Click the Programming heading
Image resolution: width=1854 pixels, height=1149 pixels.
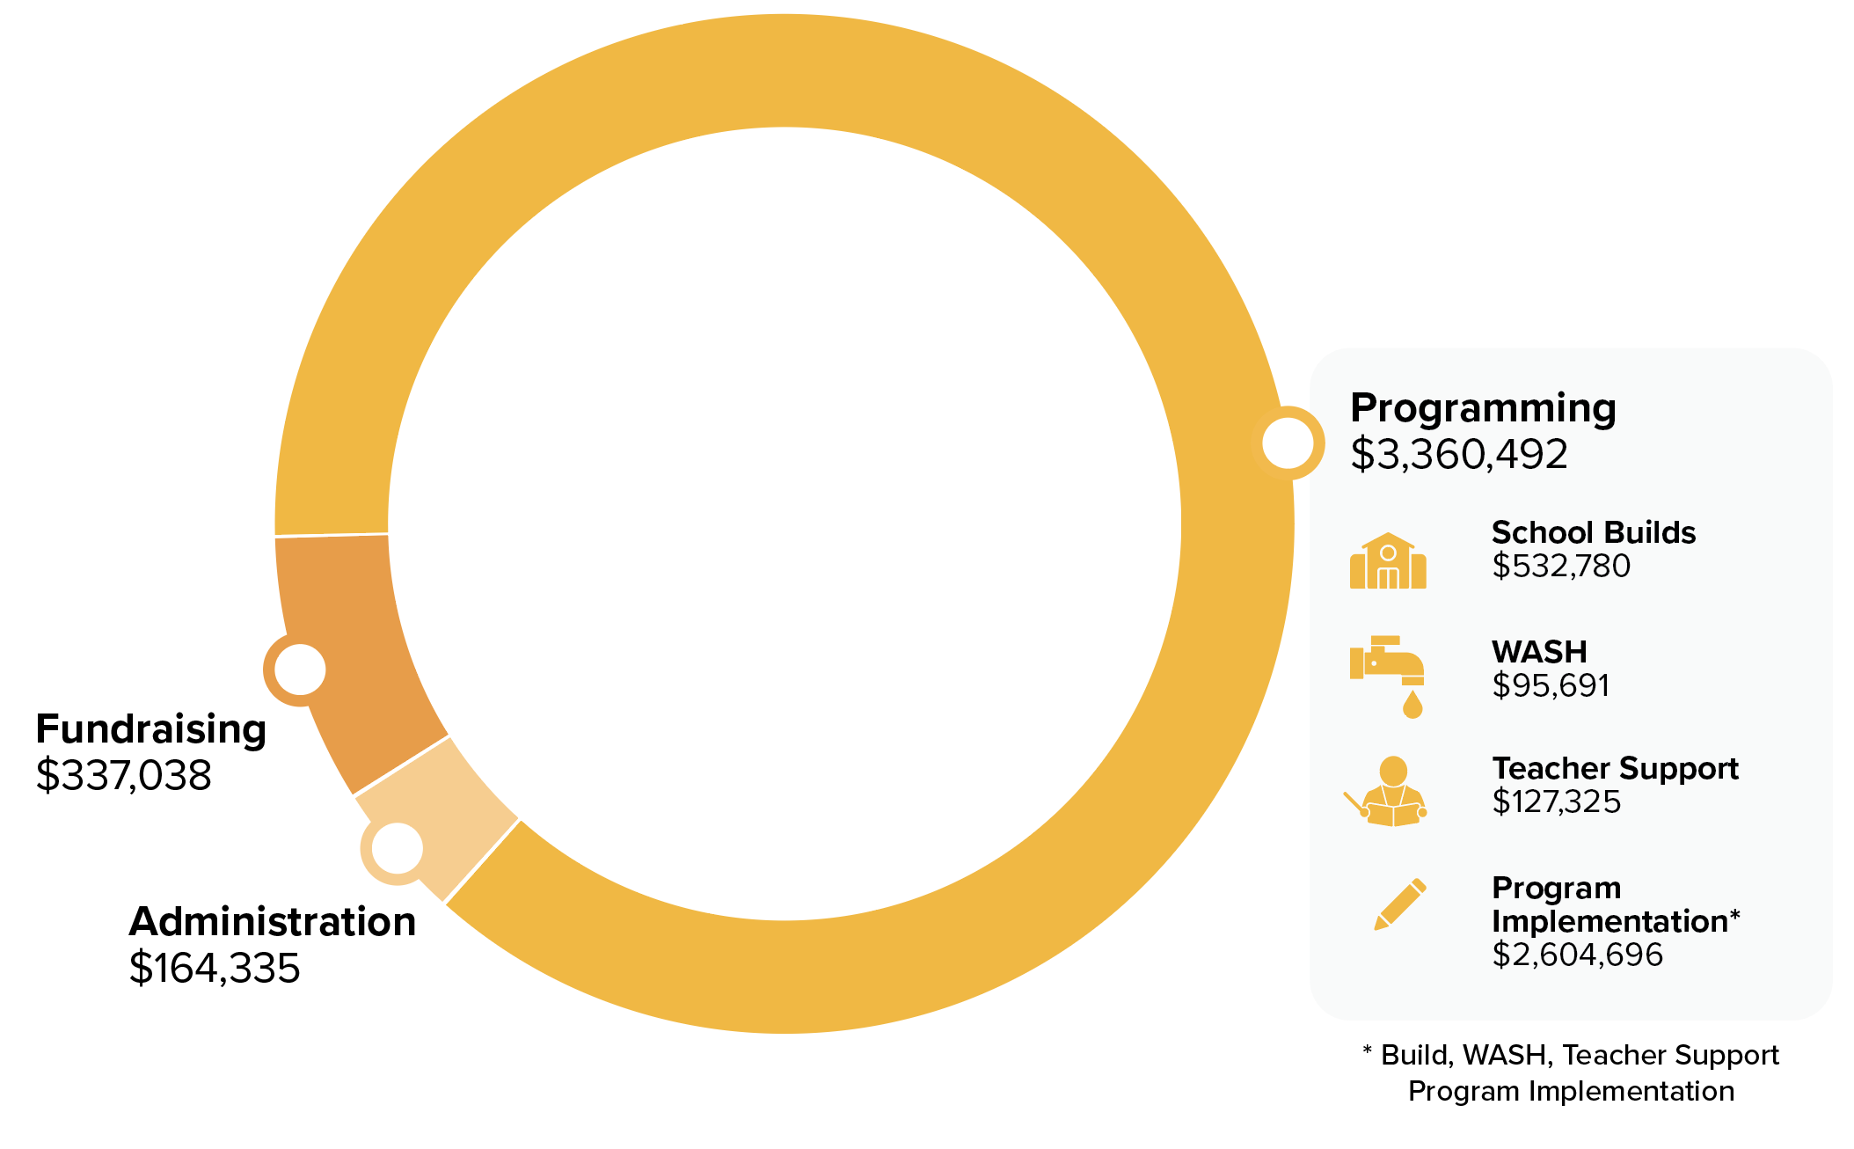pyautogui.click(x=1483, y=410)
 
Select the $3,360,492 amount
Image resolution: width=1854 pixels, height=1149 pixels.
pyautogui.click(x=1459, y=455)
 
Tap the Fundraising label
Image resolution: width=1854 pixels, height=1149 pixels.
pyautogui.click(x=150, y=730)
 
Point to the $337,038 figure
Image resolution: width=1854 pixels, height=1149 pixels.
pyautogui.click(x=123, y=776)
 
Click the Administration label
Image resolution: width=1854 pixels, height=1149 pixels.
pyautogui.click(x=273, y=922)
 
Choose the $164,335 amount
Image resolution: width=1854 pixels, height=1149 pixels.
pyautogui.click(x=215, y=969)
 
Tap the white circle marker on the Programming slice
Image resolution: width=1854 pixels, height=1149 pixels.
pyautogui.click(x=1288, y=443)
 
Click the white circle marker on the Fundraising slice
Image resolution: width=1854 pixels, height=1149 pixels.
pyautogui.click(x=300, y=670)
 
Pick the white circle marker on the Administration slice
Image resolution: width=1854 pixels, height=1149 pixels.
pyautogui.click(x=398, y=848)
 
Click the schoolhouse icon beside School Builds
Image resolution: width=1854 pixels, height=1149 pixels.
pyautogui.click(x=1388, y=561)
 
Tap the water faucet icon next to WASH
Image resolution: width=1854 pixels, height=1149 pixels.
pyautogui.click(x=1388, y=676)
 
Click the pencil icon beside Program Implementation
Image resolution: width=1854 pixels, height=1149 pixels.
pyautogui.click(x=1400, y=904)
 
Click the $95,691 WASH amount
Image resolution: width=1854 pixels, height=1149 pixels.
pyautogui.click(x=1551, y=685)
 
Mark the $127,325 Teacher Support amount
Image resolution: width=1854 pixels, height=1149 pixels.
pyautogui.click(x=1556, y=802)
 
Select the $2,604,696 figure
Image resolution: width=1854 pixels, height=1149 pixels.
pyautogui.click(x=1578, y=955)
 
